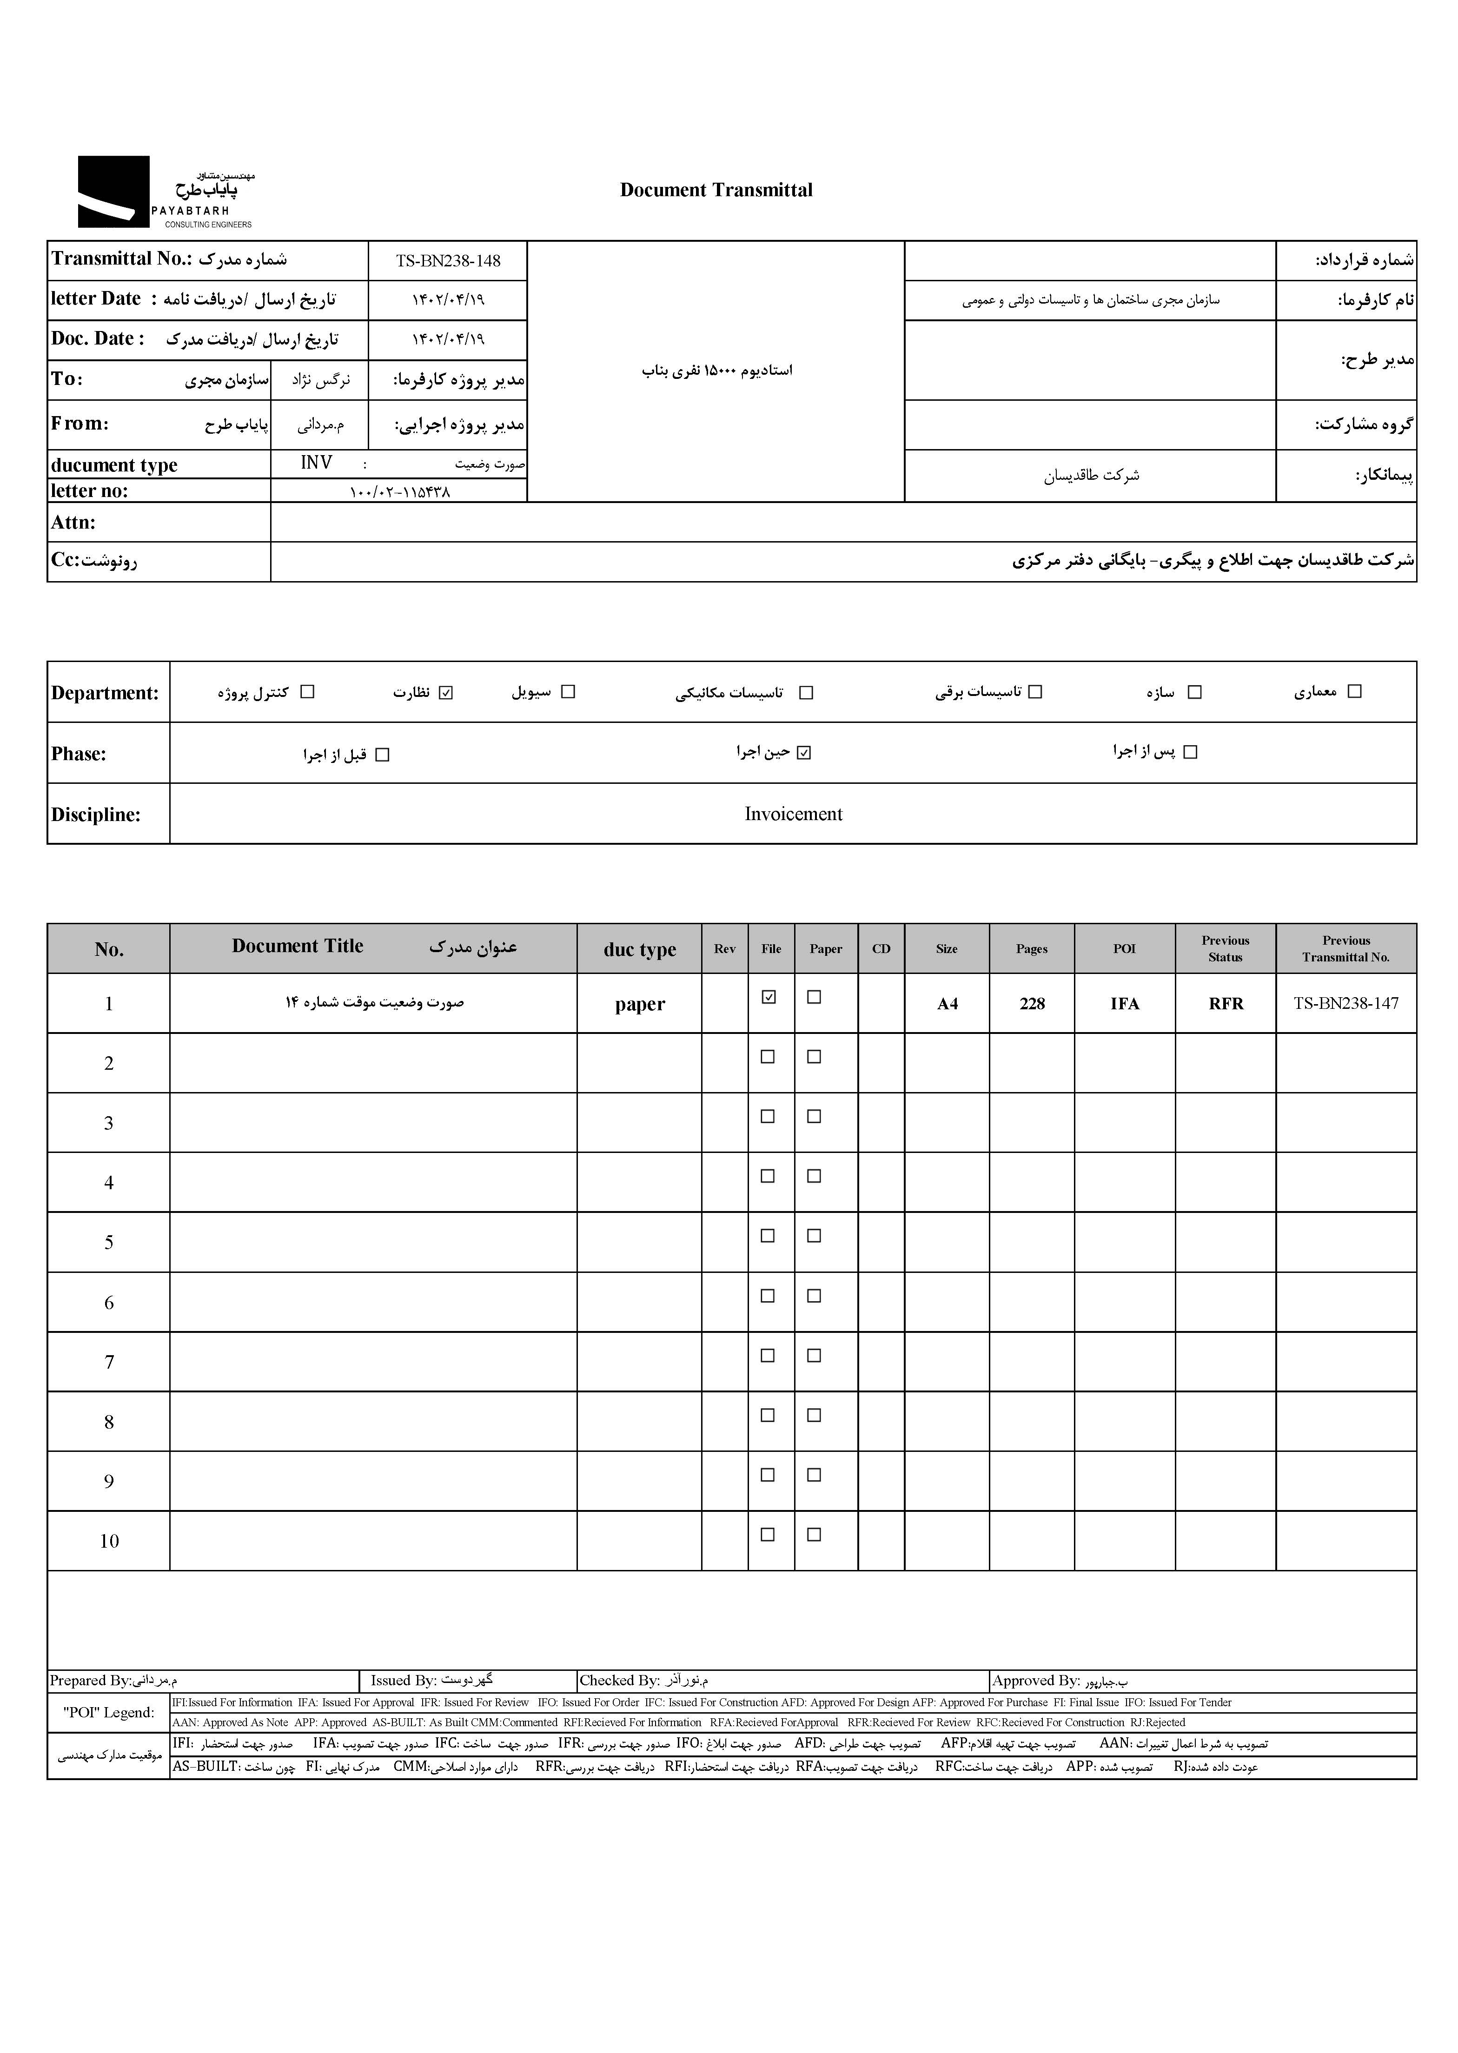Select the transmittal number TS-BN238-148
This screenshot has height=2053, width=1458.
pos(448,261)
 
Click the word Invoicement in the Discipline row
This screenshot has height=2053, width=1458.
pos(793,814)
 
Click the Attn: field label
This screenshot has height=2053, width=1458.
pos(73,523)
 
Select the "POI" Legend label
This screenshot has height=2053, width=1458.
pos(109,1712)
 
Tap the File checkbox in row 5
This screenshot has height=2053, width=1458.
pos(768,1236)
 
